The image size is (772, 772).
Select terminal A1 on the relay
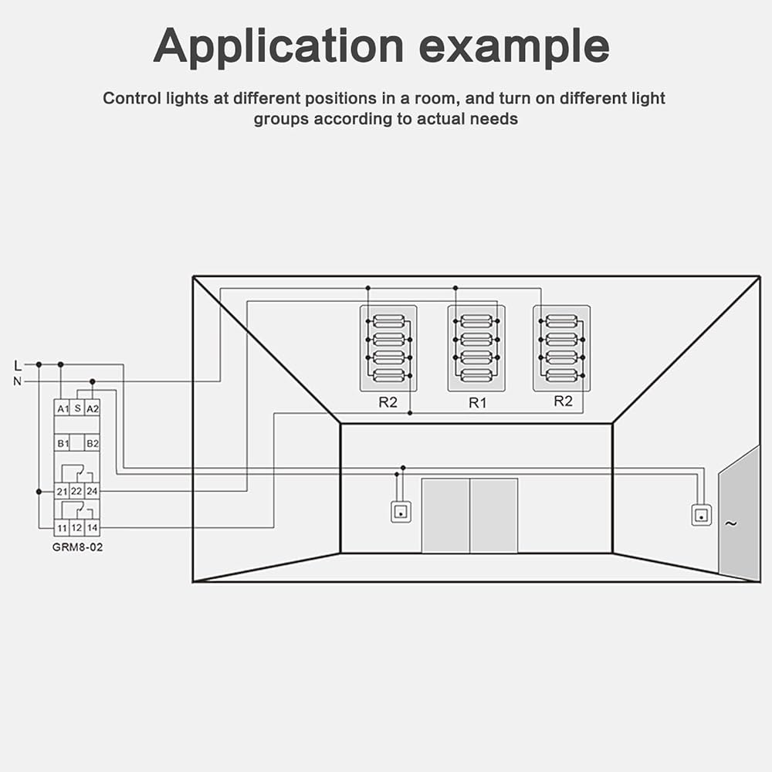point(62,408)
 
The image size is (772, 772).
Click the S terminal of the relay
point(77,407)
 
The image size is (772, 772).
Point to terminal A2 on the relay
point(92,408)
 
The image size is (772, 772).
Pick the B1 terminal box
point(62,443)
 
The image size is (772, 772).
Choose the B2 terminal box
point(92,443)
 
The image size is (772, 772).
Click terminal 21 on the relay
point(62,491)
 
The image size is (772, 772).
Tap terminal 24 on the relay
point(92,491)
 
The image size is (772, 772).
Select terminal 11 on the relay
point(62,528)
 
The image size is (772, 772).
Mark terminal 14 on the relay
point(92,528)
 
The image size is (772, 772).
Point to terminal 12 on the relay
point(76,528)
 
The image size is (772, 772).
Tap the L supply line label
point(18,364)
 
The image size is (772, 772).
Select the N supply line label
point(18,381)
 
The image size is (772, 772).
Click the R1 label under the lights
point(477,403)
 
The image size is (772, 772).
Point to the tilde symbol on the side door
point(730,524)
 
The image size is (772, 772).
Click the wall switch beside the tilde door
point(701,515)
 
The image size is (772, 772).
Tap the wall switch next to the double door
point(401,511)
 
